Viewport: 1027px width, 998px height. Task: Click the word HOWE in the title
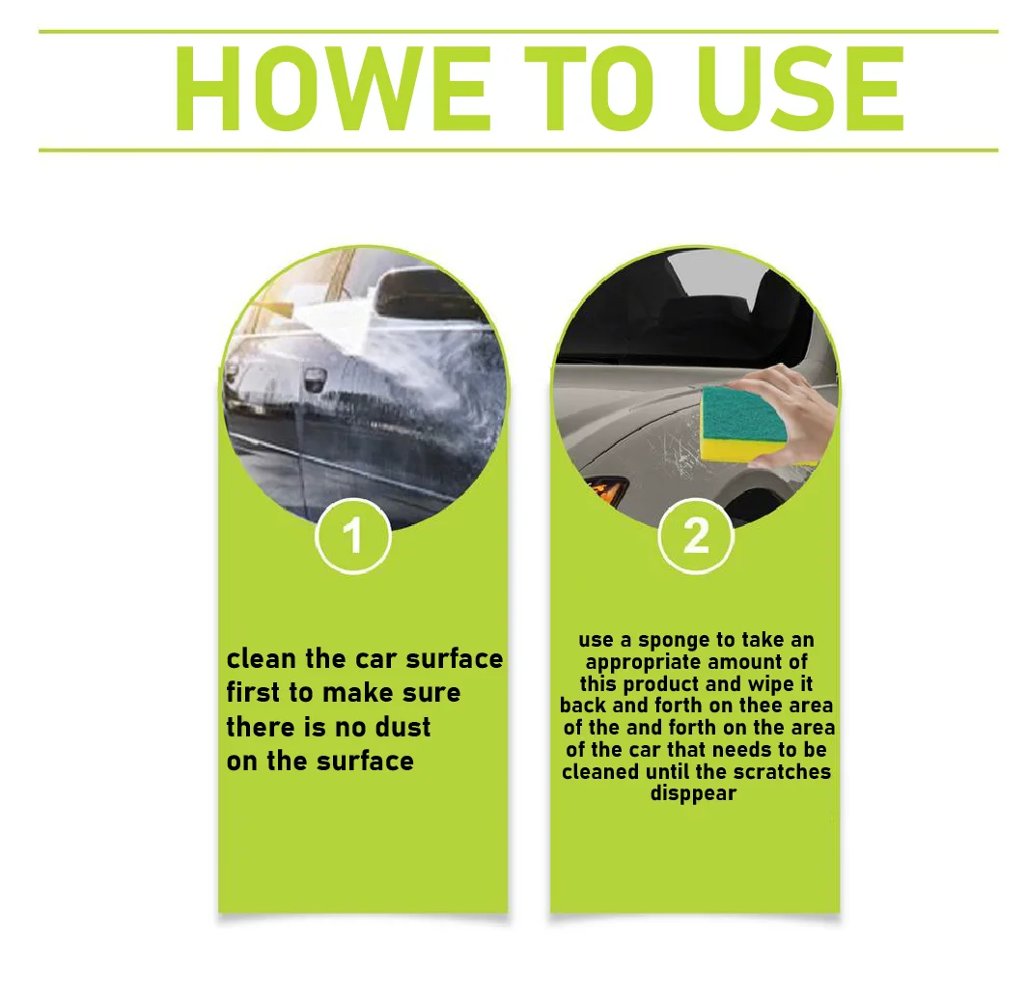[332, 90]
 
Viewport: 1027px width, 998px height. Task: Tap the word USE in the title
[801, 90]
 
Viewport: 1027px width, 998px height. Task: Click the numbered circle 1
[353, 536]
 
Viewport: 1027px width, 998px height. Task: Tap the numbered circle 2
[696, 536]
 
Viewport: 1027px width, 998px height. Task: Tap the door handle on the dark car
[315, 377]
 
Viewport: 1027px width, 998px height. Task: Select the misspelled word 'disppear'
[694, 793]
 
